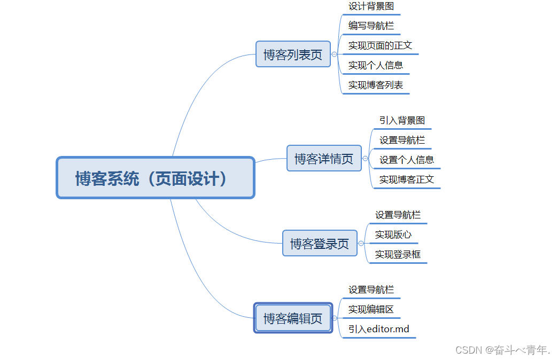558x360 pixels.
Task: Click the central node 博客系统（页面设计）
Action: [155, 178]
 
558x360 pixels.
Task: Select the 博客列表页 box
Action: [293, 54]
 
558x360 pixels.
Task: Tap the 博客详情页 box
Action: [324, 159]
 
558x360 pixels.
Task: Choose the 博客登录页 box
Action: [320, 244]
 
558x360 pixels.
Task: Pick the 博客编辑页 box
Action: [293, 318]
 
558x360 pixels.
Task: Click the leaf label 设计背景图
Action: [371, 6]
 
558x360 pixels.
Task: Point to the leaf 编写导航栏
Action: [371, 26]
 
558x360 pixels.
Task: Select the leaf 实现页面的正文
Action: [380, 45]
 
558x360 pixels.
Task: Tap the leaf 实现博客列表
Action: [376, 85]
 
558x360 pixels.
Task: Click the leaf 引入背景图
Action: [402, 121]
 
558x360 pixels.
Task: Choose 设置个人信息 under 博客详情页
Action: [407, 160]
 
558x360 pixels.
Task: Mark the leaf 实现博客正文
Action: [407, 179]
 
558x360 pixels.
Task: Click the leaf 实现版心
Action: [393, 234]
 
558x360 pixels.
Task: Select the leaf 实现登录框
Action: [398, 254]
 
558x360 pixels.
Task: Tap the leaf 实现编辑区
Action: [371, 309]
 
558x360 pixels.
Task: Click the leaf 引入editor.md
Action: [379, 329]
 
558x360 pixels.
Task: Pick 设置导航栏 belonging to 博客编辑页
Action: [371, 289]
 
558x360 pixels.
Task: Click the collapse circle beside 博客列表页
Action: [334, 54]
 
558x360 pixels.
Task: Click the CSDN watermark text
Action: [502, 350]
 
